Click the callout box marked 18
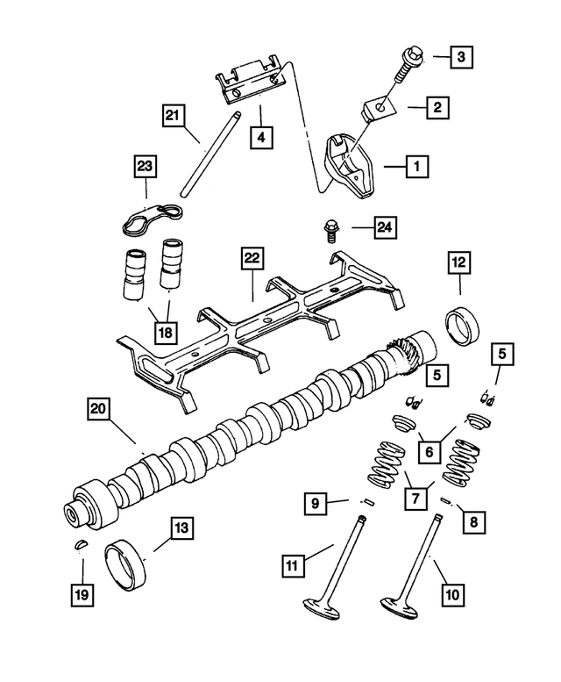[x=165, y=333]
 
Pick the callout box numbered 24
[x=383, y=228]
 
